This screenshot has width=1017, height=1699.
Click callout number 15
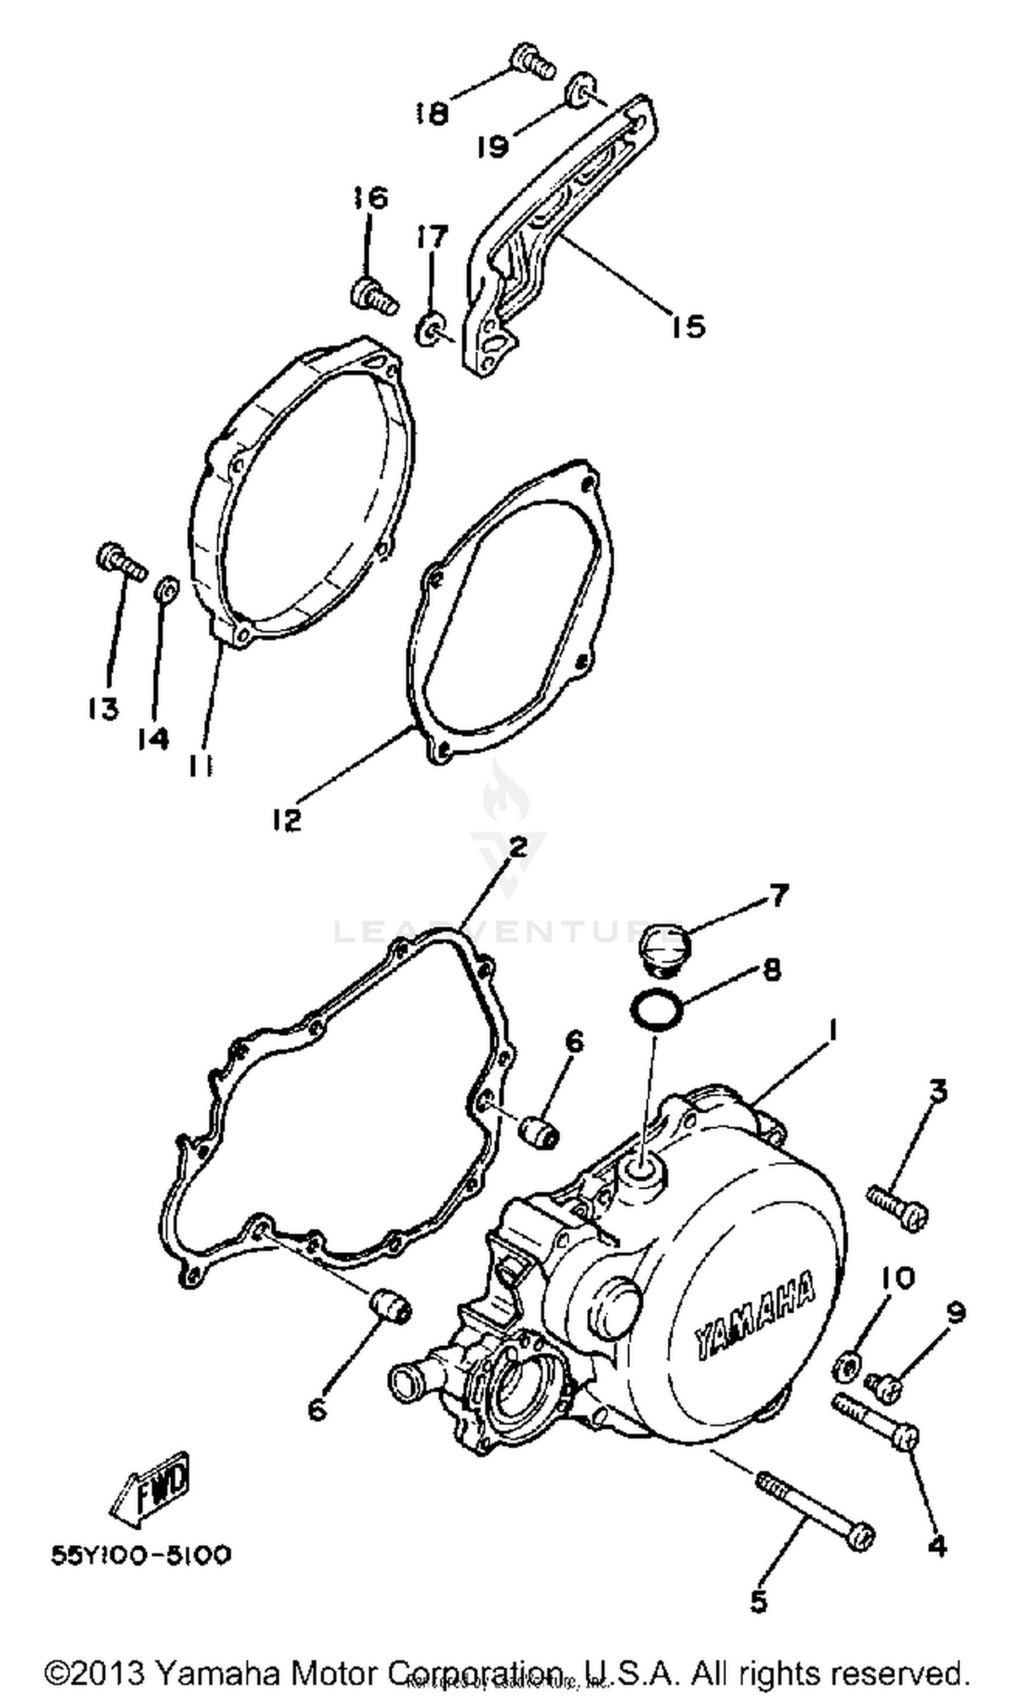pos(687,326)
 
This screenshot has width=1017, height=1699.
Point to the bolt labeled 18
pos(532,61)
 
